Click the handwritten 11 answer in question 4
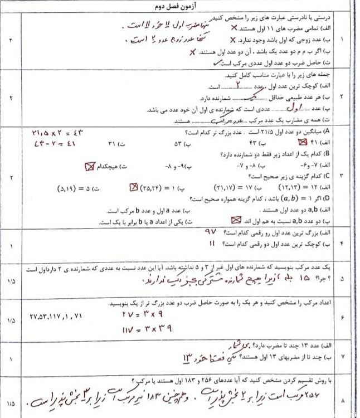click(x=211, y=244)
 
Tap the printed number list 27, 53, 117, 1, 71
click(x=55, y=316)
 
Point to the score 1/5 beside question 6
click(x=11, y=322)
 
